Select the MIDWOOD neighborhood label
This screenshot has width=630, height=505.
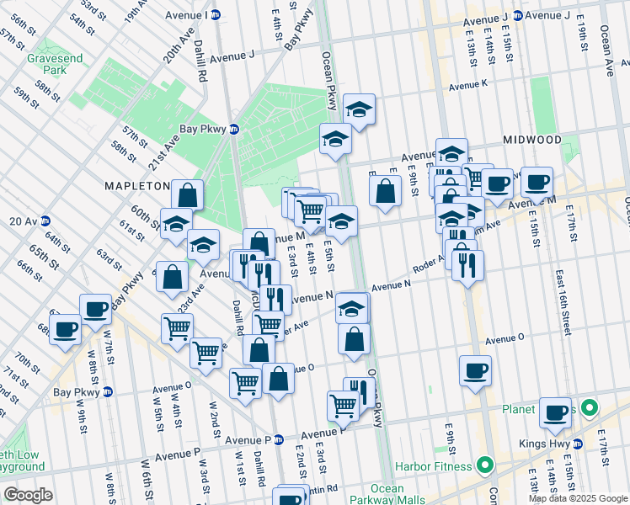(531, 139)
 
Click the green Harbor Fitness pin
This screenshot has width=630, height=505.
(484, 464)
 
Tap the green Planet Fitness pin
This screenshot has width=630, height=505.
(590, 410)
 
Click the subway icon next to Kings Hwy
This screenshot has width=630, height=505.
(578, 444)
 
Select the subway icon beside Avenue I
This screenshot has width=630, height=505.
(215, 14)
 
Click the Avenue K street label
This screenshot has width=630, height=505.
(467, 85)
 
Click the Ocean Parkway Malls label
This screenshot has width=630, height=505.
(387, 494)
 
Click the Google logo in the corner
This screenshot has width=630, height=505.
(28, 495)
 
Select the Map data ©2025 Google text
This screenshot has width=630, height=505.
(577, 498)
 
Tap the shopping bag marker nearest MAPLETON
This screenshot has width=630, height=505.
(187, 194)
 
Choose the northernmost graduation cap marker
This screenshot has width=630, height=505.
(359, 109)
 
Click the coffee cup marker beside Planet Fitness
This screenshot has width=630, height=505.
(556, 412)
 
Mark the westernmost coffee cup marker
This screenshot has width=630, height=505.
(65, 328)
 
